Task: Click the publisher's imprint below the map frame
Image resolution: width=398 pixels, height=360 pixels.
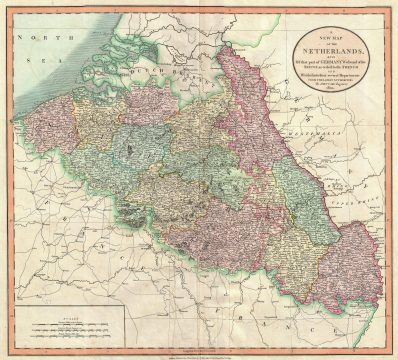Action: (x=199, y=352)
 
